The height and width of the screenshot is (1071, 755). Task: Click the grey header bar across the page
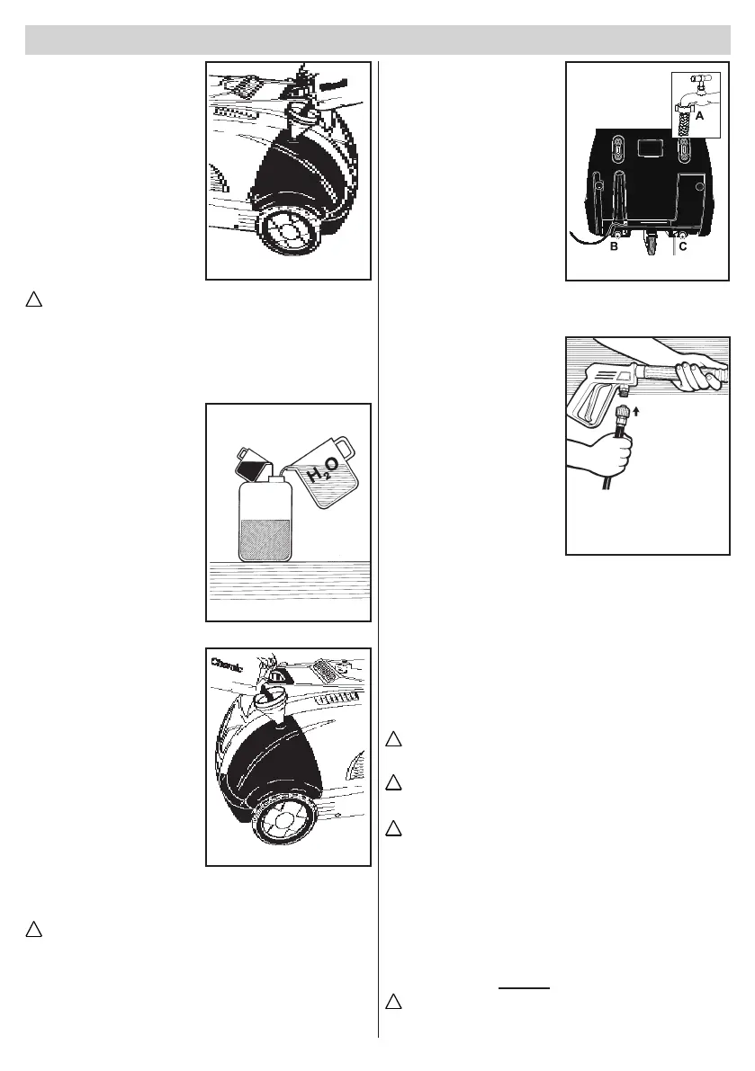click(x=377, y=40)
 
